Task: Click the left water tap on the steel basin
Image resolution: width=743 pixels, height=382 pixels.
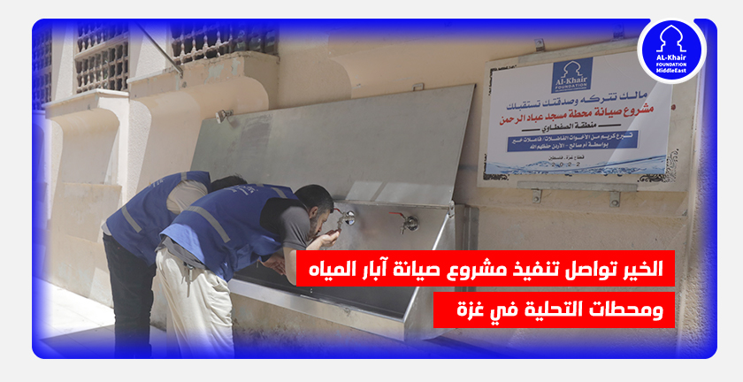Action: (x=349, y=217)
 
